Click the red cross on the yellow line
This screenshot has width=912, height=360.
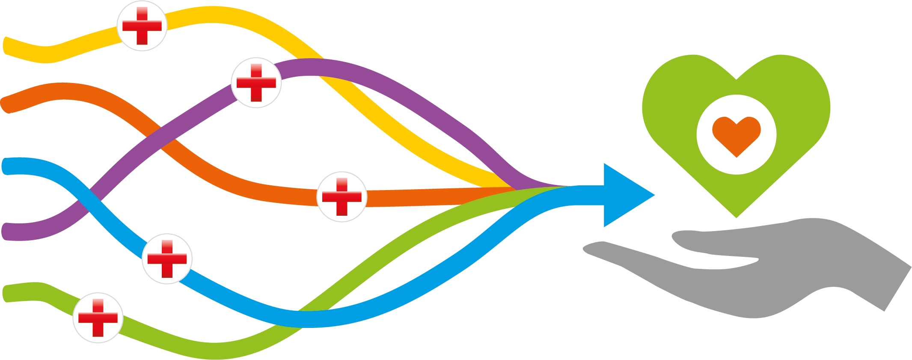[142, 26]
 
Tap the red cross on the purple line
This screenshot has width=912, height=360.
[256, 83]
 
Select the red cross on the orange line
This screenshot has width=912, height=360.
[342, 197]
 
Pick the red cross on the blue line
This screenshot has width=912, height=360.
[167, 259]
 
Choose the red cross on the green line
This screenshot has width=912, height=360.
[98, 318]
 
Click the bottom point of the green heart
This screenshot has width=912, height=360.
[736, 217]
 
